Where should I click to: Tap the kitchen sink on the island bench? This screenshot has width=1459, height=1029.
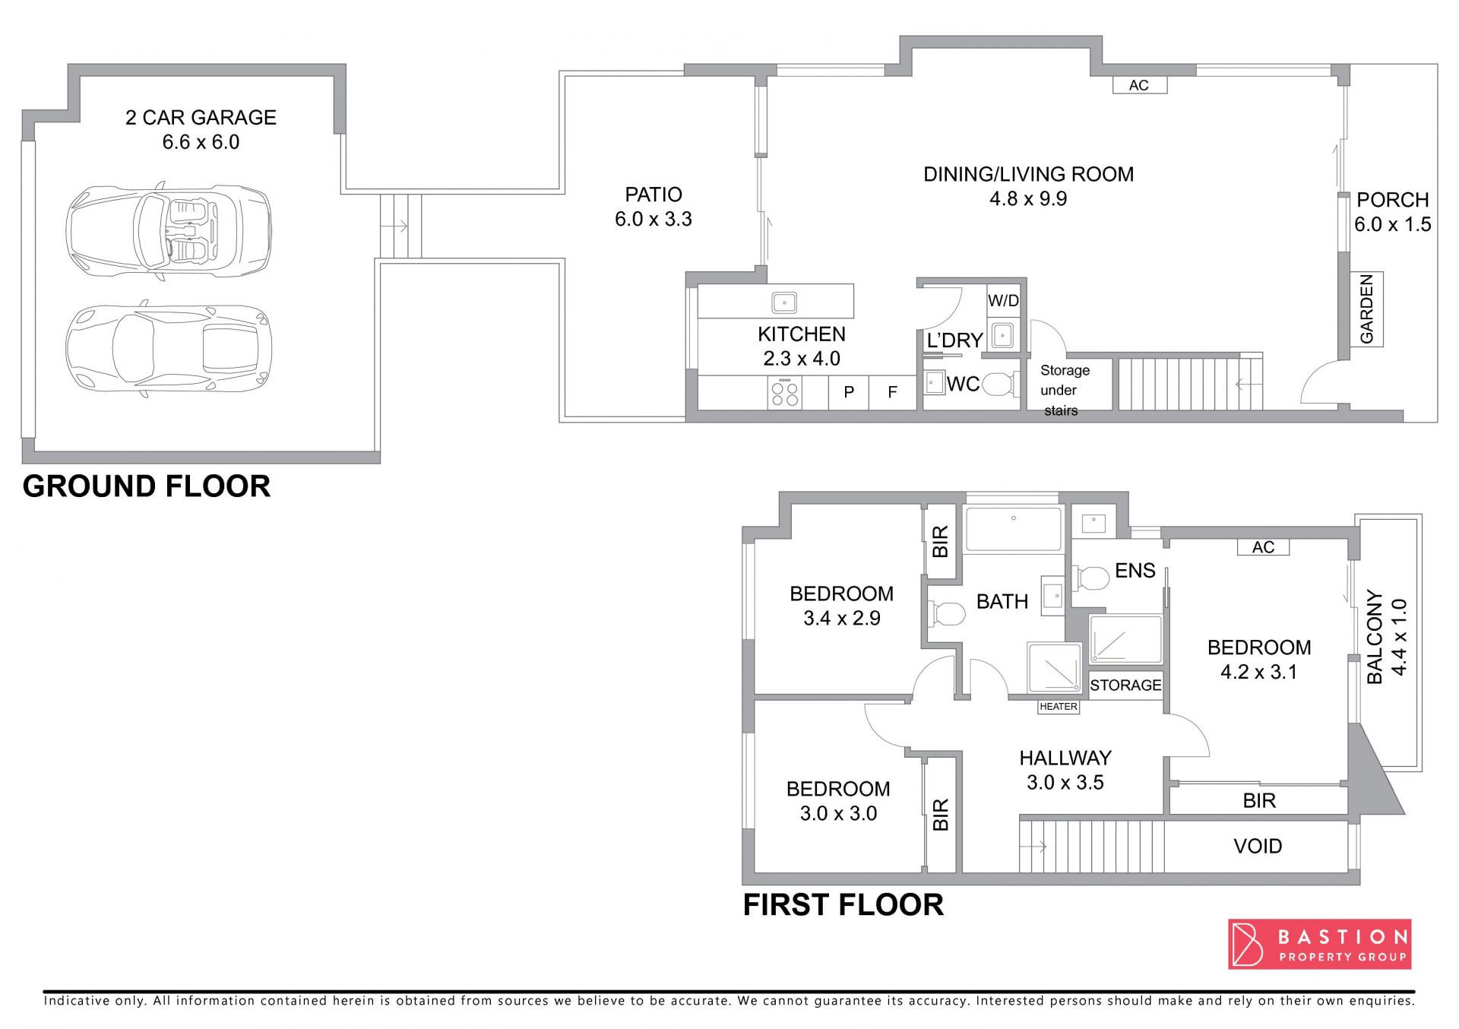click(x=784, y=302)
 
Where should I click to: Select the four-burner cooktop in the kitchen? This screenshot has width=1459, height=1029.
click(x=785, y=393)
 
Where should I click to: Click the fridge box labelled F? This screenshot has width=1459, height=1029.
click(x=893, y=392)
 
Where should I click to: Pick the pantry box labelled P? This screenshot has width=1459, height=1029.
click(x=849, y=392)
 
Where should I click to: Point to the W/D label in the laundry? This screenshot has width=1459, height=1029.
click(x=1003, y=301)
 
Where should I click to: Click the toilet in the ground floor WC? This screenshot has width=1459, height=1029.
click(x=1000, y=385)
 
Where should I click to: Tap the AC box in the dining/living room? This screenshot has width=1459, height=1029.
click(x=1139, y=85)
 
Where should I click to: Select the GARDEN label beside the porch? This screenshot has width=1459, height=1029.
click(x=1366, y=309)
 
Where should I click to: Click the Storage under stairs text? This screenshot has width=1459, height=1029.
click(x=1064, y=391)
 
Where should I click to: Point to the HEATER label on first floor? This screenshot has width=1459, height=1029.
click(x=1059, y=707)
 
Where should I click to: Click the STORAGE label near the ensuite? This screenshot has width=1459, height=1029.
click(x=1125, y=685)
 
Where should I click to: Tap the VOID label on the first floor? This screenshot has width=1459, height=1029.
click(x=1258, y=847)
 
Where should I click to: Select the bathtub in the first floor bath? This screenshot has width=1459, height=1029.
click(x=1013, y=529)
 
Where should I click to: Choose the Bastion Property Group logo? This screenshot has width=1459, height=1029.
click(x=1320, y=945)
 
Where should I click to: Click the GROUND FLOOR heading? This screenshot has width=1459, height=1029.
click(x=147, y=486)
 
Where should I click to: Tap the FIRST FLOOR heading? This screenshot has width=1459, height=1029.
click(x=843, y=905)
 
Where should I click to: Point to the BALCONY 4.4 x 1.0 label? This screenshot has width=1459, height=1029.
click(x=1387, y=637)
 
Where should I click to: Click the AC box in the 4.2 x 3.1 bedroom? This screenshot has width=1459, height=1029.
click(x=1263, y=547)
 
